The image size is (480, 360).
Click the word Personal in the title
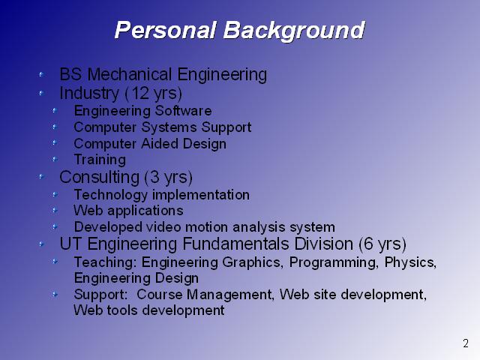[x=166, y=30]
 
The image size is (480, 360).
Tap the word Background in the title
[x=294, y=31]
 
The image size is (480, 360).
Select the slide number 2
[x=466, y=343]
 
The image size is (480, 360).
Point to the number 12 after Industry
[x=140, y=93]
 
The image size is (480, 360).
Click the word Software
[x=183, y=110]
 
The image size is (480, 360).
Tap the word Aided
[x=160, y=143]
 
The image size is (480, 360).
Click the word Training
[x=100, y=160]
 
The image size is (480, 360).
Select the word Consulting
[x=100, y=177]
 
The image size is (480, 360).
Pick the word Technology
[x=111, y=195]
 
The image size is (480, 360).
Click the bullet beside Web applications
[x=55, y=210]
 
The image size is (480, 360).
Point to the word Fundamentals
[x=235, y=244]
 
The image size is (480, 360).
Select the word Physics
[x=410, y=262]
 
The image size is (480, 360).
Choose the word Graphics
[x=253, y=262]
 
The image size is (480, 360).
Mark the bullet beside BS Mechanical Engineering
[x=41, y=74]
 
